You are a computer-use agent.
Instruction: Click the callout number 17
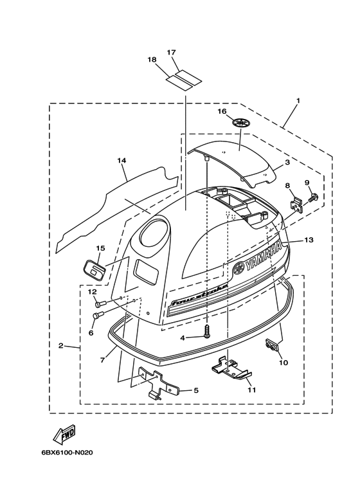point(171,52)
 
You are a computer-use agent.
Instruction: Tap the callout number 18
point(152,60)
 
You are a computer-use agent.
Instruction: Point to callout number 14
point(122,160)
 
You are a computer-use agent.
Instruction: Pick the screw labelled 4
point(207,332)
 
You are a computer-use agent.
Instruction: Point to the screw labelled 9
point(313,198)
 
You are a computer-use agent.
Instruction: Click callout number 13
point(309,240)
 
